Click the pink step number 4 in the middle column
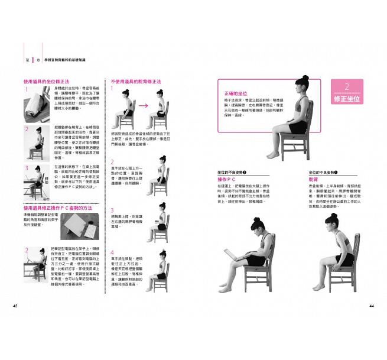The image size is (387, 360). [x=113, y=253]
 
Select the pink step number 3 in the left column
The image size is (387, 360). [x=26, y=168]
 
